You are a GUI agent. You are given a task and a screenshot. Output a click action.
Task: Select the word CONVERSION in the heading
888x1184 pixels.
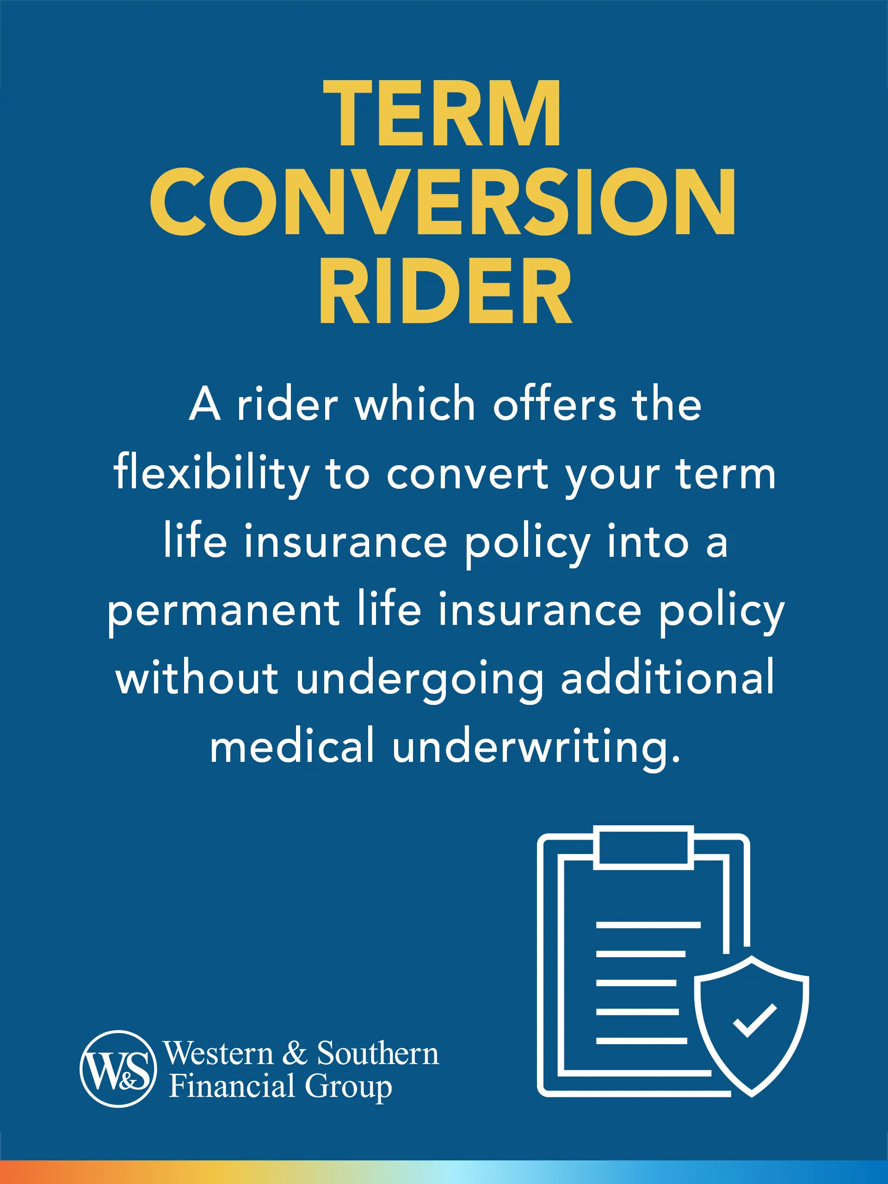[443, 202]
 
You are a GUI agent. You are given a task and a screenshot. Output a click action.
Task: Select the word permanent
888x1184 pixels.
[223, 611]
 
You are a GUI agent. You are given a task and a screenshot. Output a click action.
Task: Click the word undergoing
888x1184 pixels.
[420, 679]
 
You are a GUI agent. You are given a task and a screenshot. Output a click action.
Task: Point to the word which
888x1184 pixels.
[415, 405]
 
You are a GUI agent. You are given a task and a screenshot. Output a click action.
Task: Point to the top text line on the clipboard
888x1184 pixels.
[648, 925]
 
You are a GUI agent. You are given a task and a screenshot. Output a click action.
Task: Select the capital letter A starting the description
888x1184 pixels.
[205, 405]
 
